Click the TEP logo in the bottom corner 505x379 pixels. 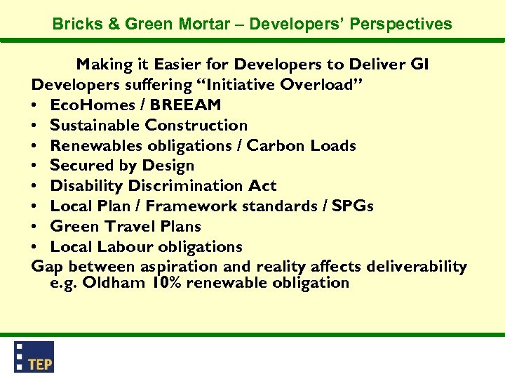click(x=34, y=357)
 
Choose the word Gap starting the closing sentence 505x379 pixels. click(x=48, y=267)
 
